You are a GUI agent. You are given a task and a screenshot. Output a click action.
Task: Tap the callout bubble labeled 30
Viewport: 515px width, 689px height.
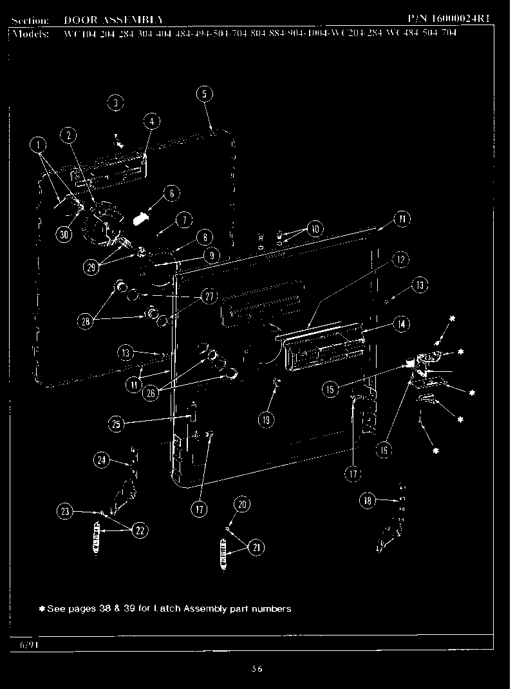[x=64, y=235]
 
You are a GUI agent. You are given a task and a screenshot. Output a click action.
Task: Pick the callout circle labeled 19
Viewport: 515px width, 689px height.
[x=265, y=420]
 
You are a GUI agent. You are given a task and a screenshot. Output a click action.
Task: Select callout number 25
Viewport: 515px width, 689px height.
[x=116, y=423]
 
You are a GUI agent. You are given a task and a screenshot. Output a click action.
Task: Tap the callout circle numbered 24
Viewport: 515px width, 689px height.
[x=102, y=460]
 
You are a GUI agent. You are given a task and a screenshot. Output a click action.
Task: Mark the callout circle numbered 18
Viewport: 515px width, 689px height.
[x=368, y=500]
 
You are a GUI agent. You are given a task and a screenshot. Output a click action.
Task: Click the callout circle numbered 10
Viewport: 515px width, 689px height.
[x=315, y=229]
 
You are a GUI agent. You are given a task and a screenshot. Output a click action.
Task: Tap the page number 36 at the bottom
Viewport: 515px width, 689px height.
[x=257, y=669]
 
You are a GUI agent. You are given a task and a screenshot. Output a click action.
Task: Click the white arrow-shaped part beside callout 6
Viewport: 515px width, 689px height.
[x=138, y=218]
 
